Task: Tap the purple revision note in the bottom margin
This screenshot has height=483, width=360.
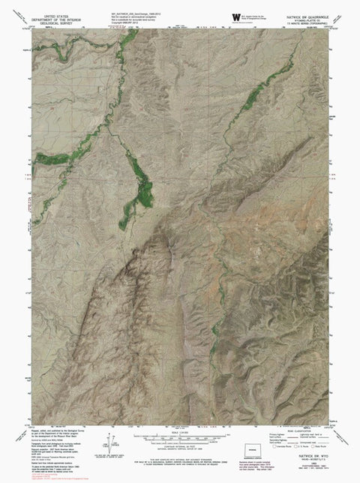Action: click(304, 472)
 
